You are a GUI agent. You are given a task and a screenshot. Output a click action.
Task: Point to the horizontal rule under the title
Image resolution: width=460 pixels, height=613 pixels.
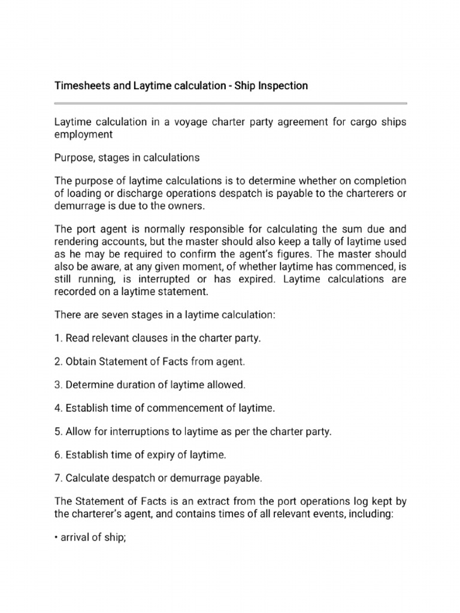[x=230, y=104]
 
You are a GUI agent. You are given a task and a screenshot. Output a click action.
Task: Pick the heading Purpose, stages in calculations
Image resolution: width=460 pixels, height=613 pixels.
[x=127, y=158]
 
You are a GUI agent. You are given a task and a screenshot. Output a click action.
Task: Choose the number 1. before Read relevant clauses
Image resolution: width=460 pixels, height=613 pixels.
[x=58, y=338]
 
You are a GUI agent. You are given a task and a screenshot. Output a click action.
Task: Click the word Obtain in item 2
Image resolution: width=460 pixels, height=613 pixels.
[x=81, y=362]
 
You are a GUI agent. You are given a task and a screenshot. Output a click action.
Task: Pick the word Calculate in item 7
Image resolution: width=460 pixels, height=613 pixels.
[x=87, y=478]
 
